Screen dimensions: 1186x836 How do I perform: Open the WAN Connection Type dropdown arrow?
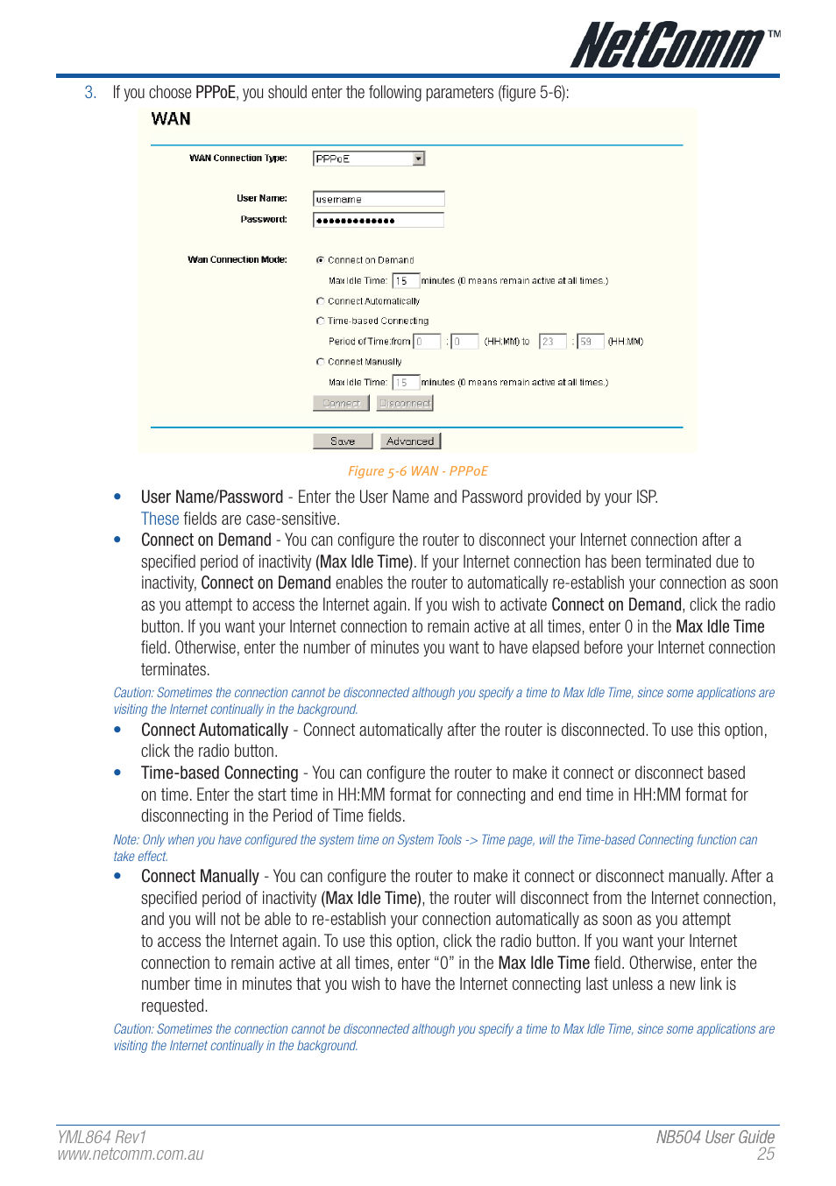[x=418, y=159]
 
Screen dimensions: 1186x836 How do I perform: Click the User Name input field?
[x=378, y=199]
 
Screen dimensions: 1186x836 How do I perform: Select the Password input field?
[x=378, y=220]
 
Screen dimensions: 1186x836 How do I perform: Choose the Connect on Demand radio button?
[x=321, y=260]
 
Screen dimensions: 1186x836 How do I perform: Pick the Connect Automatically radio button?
[x=321, y=300]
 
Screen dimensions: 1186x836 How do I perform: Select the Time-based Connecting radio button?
[x=321, y=321]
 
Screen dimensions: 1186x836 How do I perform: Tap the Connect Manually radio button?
[x=321, y=361]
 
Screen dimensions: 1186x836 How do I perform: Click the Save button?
[x=343, y=441]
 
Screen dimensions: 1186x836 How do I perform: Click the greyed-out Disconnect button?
[x=405, y=403]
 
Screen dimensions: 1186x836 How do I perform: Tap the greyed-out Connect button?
[x=341, y=403]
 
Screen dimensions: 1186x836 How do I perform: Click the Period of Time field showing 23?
[x=552, y=342]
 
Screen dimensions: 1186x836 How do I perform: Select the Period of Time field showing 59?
[x=591, y=342]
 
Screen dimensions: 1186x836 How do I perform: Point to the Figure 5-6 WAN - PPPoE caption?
[x=418, y=471]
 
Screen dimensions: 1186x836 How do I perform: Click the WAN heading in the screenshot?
[x=171, y=119]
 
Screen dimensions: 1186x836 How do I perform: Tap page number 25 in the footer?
[x=766, y=1154]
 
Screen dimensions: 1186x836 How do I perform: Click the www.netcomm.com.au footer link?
[x=131, y=1154]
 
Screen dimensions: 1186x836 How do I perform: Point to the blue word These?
[x=159, y=519]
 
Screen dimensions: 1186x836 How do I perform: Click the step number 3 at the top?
[x=89, y=93]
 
